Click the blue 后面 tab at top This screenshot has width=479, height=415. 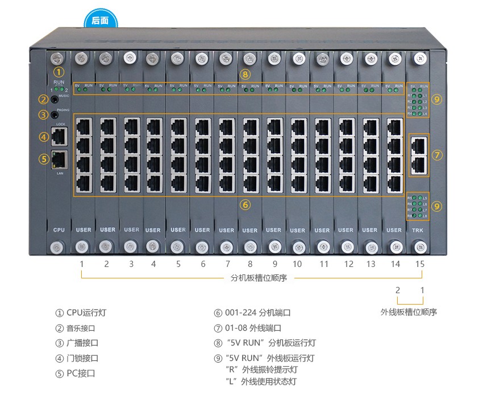[101, 20]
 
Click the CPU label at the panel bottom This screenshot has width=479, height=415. [59, 230]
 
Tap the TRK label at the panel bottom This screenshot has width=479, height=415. [418, 230]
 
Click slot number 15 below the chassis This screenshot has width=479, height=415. [420, 264]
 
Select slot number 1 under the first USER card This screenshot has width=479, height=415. [82, 264]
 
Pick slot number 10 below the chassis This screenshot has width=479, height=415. [297, 264]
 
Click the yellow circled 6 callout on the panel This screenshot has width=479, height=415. [245, 205]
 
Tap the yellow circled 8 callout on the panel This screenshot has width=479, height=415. [245, 74]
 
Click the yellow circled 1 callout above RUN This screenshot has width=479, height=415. [59, 72]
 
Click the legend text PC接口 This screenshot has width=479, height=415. [80, 374]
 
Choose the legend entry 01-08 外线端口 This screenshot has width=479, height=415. [253, 328]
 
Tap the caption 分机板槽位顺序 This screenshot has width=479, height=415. [259, 278]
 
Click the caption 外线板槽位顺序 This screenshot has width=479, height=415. [409, 312]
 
